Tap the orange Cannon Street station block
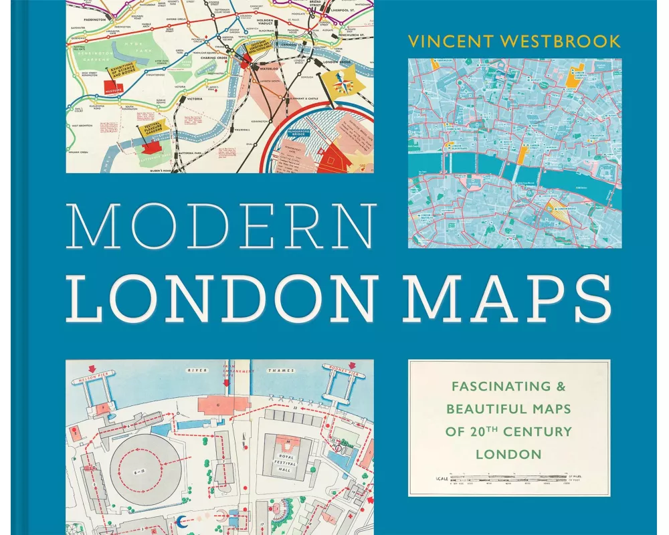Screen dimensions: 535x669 click(522, 152)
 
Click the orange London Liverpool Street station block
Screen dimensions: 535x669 click(571, 78)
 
